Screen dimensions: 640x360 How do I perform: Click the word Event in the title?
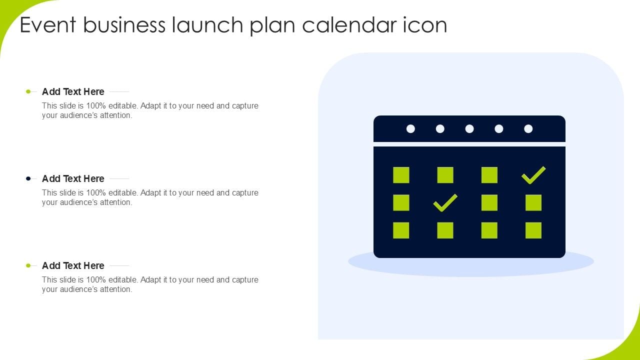pyautogui.click(x=48, y=25)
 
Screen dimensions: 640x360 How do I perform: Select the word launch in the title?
pyautogui.click(x=207, y=24)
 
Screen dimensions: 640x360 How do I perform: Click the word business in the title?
pyautogui.click(x=124, y=24)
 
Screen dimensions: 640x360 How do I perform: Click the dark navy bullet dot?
pyautogui.click(x=28, y=178)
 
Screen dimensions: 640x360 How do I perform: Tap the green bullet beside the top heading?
pyautogui.click(x=28, y=91)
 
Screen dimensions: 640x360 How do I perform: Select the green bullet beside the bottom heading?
pyautogui.click(x=28, y=265)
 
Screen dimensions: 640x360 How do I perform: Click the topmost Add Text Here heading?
pyautogui.click(x=73, y=91)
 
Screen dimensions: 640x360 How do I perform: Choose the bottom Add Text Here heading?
pyautogui.click(x=73, y=265)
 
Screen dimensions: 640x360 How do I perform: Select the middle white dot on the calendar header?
pyautogui.click(x=469, y=129)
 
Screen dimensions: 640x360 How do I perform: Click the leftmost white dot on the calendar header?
pyautogui.click(x=410, y=129)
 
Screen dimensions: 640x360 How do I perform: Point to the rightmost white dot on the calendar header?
pyautogui.click(x=528, y=129)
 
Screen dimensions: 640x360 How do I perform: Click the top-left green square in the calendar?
pyautogui.click(x=401, y=175)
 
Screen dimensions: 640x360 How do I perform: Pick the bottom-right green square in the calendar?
pyautogui.click(x=533, y=230)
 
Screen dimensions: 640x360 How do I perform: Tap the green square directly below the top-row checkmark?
pyautogui.click(x=533, y=202)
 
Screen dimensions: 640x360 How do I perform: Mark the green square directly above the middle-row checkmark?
pyautogui.click(x=445, y=175)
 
